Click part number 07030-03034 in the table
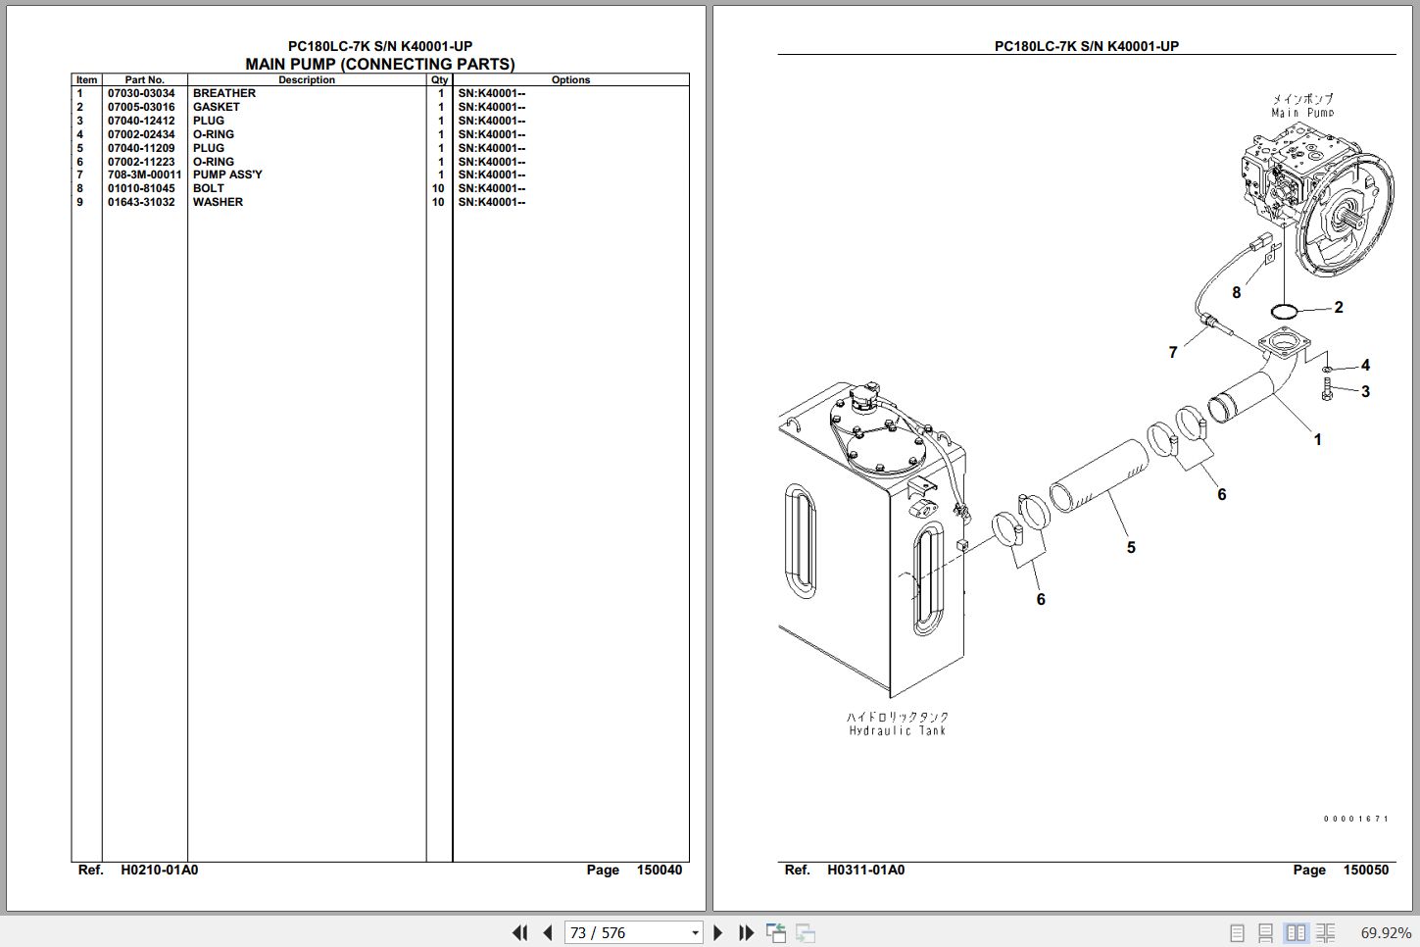point(141,93)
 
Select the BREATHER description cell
point(224,93)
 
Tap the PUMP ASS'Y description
point(227,174)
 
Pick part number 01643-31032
point(141,202)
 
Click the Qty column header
point(439,80)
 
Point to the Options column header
point(570,80)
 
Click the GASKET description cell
point(217,107)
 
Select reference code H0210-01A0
point(159,870)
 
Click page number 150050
point(1365,870)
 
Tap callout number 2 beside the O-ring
point(1339,308)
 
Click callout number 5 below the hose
point(1131,547)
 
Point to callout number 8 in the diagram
point(1236,292)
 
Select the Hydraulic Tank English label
point(897,730)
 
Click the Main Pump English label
point(1302,113)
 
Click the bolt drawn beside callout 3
point(1326,389)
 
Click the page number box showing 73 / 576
point(633,932)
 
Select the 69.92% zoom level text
point(1386,933)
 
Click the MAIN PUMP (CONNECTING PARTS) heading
point(379,64)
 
